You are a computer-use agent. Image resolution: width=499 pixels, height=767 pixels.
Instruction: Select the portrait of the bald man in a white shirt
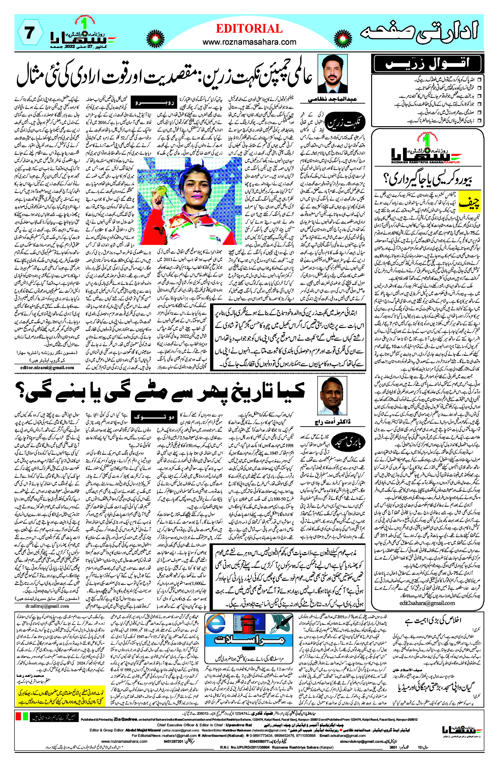click(332, 396)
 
